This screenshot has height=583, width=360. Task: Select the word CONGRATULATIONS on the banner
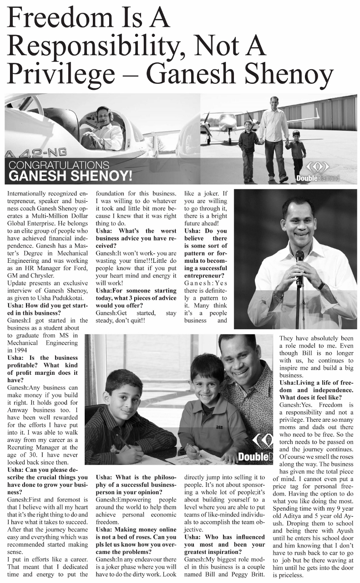(x=59, y=165)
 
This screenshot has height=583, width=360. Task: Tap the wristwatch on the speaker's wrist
(x=321, y=285)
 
